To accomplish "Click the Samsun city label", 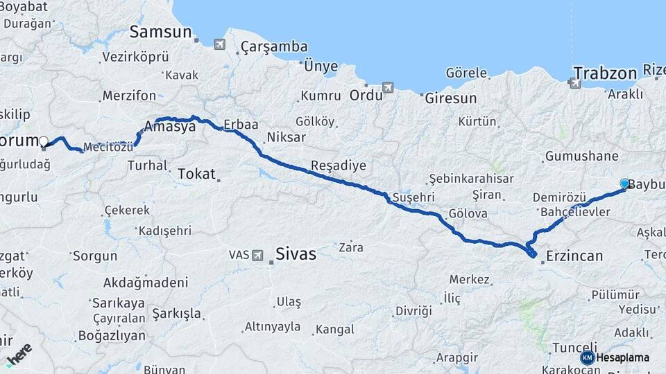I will (160, 32).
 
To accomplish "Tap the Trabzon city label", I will (605, 73).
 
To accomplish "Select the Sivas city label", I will (296, 253).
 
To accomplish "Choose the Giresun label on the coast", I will (451, 98).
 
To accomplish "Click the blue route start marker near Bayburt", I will (624, 184).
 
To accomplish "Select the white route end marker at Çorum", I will (44, 142).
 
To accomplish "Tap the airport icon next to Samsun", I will (220, 44).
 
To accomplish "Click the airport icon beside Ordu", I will (387, 88).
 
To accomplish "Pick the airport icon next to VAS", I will (258, 255).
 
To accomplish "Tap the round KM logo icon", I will (587, 357).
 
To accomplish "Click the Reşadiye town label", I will (338, 166).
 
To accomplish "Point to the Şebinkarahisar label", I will (472, 179).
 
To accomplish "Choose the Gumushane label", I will (581, 157).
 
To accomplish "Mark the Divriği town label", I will (413, 310).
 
